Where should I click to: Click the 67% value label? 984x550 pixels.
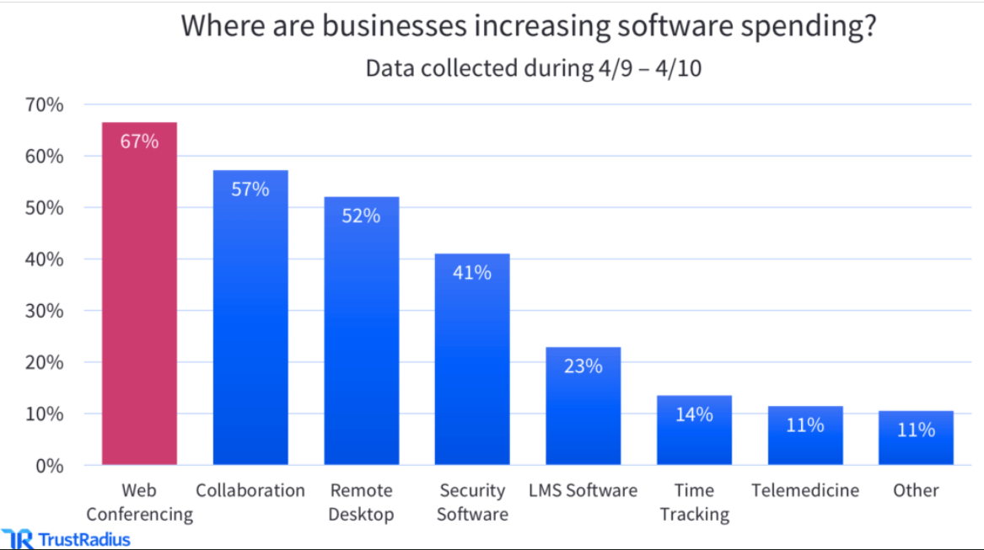(x=139, y=142)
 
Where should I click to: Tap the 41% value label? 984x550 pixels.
(x=472, y=273)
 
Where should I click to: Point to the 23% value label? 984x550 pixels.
(x=583, y=366)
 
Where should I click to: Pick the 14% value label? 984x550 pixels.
(x=694, y=414)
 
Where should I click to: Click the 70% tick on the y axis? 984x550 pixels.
(x=44, y=105)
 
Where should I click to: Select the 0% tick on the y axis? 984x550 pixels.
(x=48, y=465)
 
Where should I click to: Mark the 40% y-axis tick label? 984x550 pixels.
(x=44, y=259)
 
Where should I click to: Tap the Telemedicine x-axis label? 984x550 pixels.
(x=805, y=490)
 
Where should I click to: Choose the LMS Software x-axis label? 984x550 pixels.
(x=583, y=490)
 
